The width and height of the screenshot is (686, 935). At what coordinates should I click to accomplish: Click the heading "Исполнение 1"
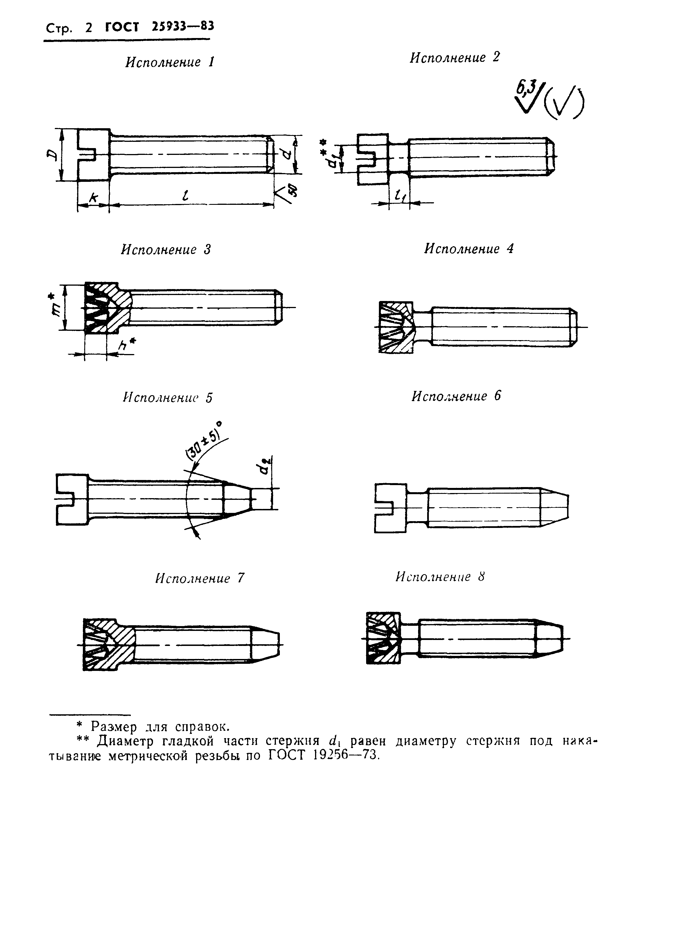170,62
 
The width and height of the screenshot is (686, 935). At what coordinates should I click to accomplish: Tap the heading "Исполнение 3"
166,250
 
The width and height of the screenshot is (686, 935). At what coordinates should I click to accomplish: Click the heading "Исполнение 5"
167,397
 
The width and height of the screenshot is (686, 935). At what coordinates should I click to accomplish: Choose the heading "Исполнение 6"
456,396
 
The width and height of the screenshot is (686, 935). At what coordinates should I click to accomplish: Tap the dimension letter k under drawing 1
93,198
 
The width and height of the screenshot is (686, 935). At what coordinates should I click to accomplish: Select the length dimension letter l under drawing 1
185,195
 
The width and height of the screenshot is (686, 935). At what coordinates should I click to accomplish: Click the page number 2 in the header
89,28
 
